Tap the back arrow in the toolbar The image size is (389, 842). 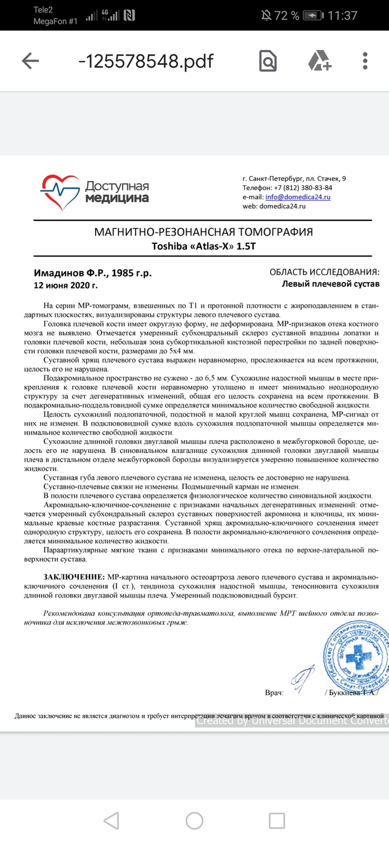30,61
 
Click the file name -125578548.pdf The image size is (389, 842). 146,61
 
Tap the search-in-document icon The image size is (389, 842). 267,61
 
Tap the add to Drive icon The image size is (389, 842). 320,61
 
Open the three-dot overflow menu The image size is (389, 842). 365,61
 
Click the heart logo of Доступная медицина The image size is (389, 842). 60,192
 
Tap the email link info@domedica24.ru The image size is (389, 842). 298,197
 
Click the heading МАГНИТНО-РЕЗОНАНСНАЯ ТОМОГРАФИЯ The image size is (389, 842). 204,232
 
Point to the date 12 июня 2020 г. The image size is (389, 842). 66,285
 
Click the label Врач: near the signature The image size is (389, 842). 275,693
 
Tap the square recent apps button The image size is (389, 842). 277,820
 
